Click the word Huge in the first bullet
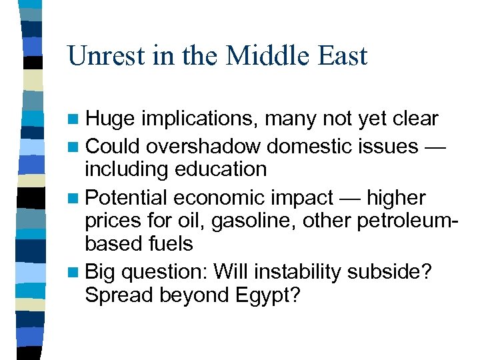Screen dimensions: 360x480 [110, 119]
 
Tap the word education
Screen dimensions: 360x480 [221, 169]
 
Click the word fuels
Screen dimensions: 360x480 [170, 244]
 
